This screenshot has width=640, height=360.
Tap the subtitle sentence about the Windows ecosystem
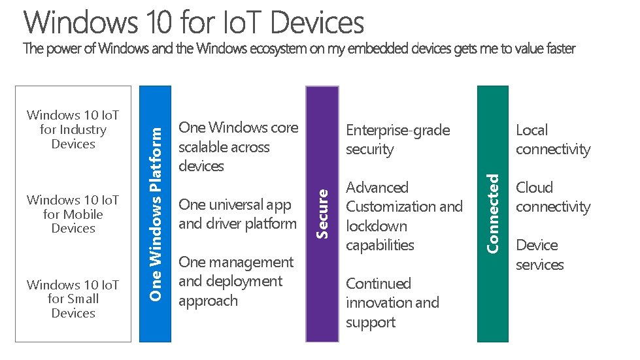coord(299,49)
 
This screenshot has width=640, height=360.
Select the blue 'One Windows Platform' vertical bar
coord(156,214)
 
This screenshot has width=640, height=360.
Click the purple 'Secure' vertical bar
coord(322,214)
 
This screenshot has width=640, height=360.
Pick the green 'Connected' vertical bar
coord(494,214)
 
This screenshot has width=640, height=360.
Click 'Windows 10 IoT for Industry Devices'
coord(73,129)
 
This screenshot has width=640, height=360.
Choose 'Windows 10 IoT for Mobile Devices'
coord(73,214)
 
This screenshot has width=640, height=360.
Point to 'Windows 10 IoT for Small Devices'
coord(73,299)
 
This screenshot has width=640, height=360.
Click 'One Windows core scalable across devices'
coord(238,146)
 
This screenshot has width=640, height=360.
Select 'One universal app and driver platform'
coord(237,214)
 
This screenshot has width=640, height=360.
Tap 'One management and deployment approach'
coord(236,281)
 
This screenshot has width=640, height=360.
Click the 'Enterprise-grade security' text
coord(397,139)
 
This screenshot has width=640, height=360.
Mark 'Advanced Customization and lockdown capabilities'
coord(404,216)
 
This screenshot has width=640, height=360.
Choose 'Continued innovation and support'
coord(392,303)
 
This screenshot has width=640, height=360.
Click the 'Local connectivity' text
coord(552,139)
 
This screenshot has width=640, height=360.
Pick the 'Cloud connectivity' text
coord(552,197)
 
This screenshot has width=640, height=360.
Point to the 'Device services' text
coord(539,254)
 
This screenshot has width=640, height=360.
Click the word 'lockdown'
coord(377,226)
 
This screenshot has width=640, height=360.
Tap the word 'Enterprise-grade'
coord(397,130)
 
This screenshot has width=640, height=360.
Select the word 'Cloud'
coord(534,188)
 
